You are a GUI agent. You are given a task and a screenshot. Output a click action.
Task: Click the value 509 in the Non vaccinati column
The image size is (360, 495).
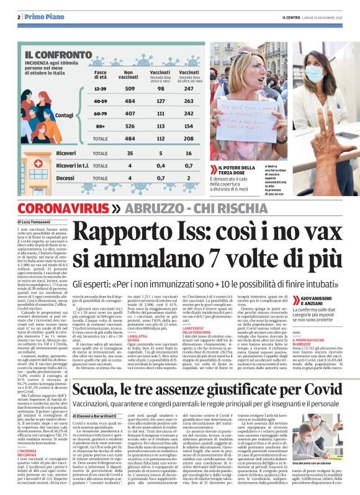pyautogui.click(x=130, y=89)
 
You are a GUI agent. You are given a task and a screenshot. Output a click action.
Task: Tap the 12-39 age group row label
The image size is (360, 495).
pyautogui.click(x=101, y=89)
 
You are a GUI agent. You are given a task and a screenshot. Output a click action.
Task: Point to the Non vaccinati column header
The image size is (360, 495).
pyautogui.click(x=129, y=74)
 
